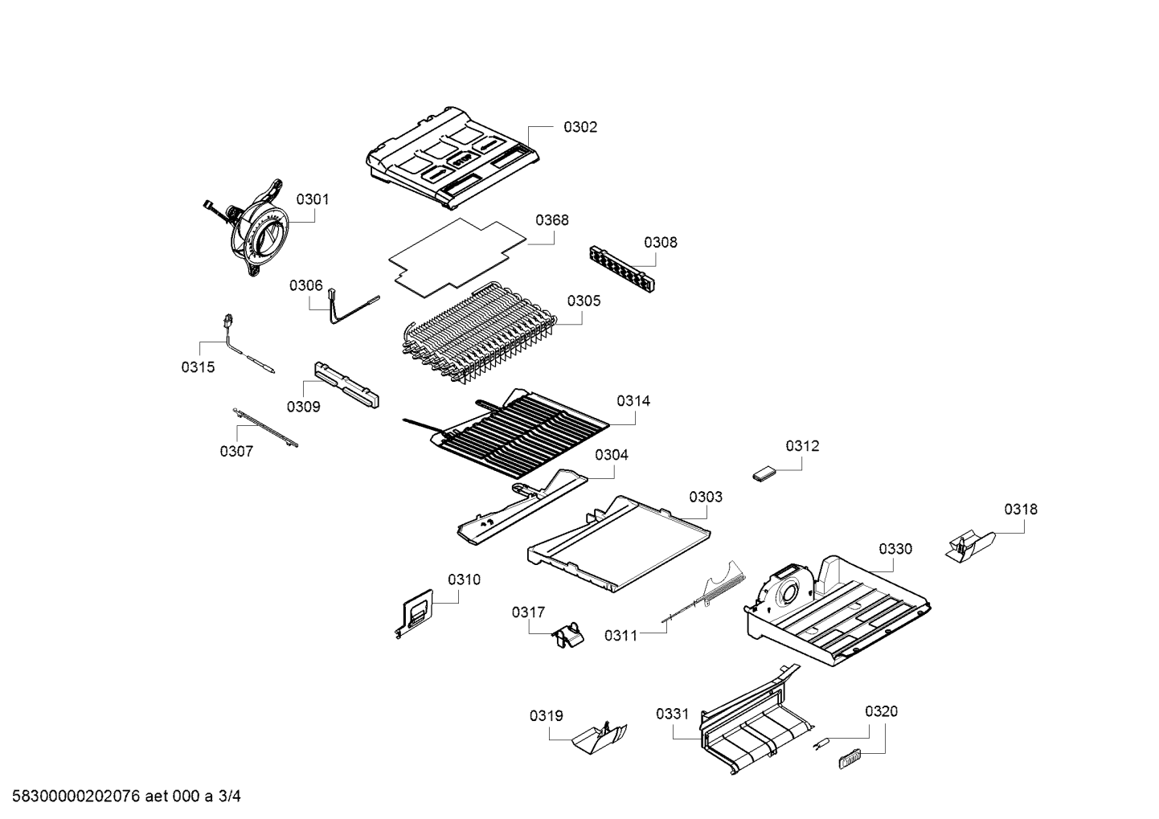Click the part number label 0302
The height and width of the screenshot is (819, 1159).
click(x=579, y=127)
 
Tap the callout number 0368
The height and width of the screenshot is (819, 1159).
click(x=551, y=220)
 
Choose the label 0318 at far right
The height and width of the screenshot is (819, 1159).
click(x=1020, y=510)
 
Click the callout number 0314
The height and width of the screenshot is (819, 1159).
click(x=633, y=401)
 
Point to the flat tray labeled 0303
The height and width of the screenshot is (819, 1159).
click(x=619, y=546)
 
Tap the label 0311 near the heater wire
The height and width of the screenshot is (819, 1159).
click(x=620, y=636)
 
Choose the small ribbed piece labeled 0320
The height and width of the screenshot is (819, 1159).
click(x=849, y=756)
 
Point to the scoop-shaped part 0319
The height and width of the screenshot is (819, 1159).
click(x=600, y=736)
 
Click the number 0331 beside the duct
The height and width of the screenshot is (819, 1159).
click(x=672, y=714)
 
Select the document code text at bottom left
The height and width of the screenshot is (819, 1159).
click(x=121, y=796)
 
